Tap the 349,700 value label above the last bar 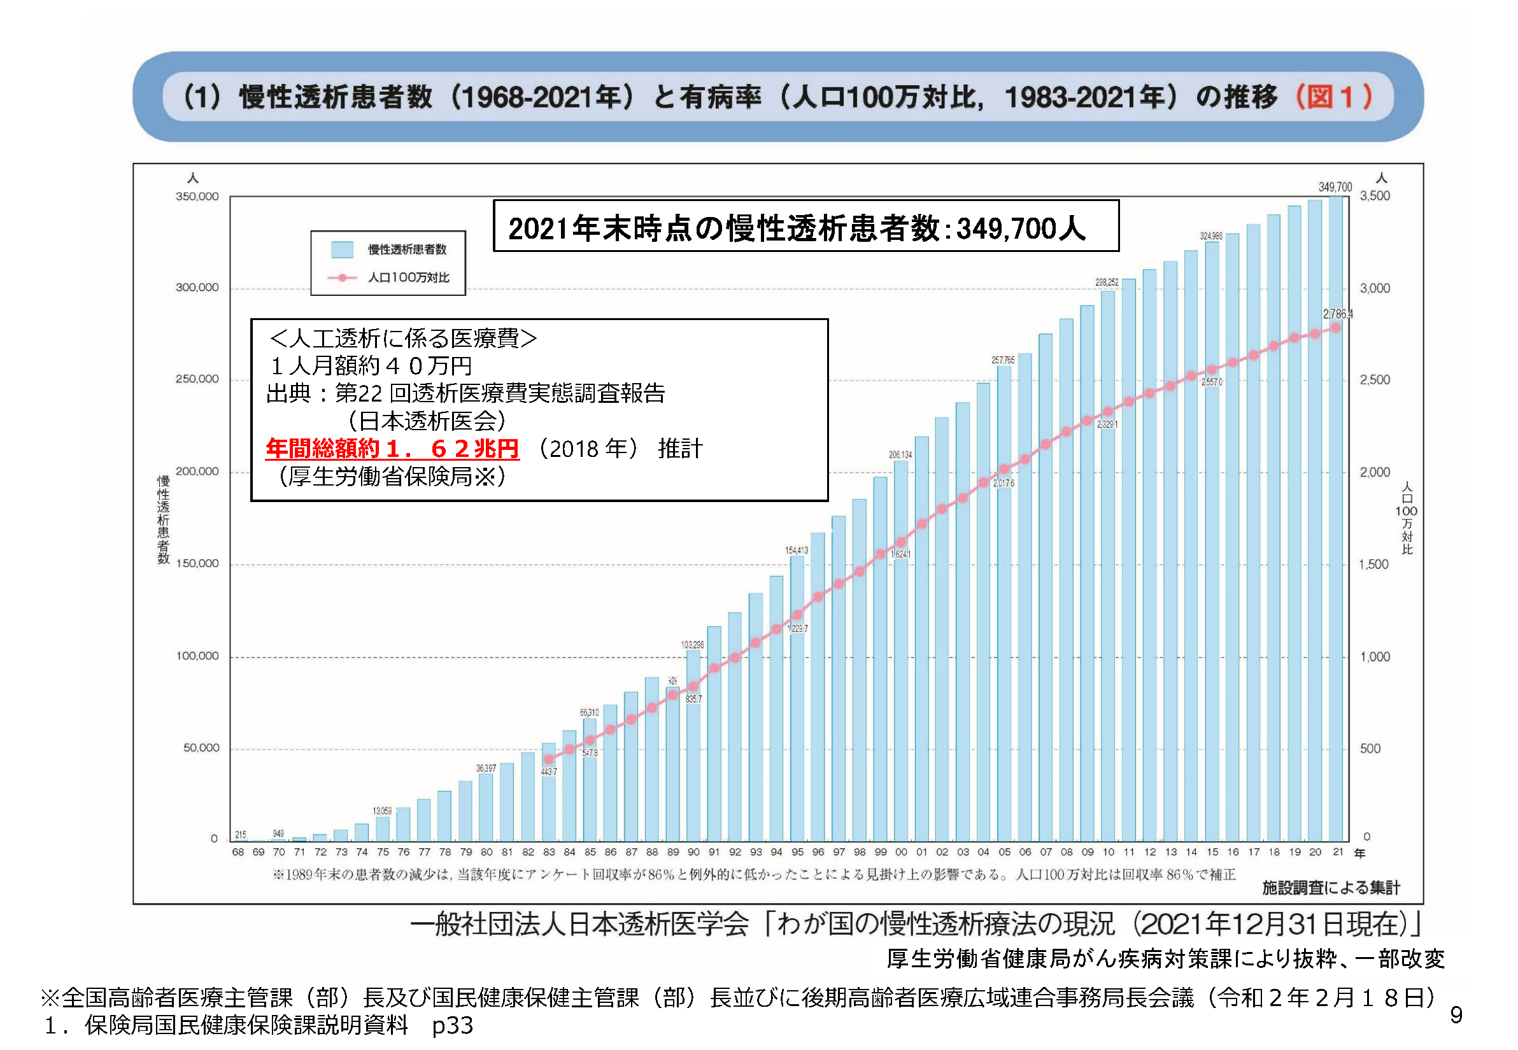[x=1335, y=187]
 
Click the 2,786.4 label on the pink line [x=1338, y=314]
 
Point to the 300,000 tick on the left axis [x=197, y=288]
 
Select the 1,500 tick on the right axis [x=1374, y=564]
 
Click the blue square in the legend [x=342, y=249]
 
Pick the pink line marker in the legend [x=343, y=277]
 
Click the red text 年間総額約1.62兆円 [x=392, y=449]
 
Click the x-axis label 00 [x=900, y=852]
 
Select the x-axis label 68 [x=238, y=852]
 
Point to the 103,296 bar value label [x=692, y=645]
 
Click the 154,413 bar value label [x=796, y=550]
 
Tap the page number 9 [x=1456, y=1015]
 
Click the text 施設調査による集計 [x=1330, y=888]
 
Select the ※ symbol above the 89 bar [x=672, y=680]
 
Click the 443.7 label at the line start [x=548, y=772]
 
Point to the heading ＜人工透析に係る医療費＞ [x=403, y=338]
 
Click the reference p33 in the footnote [x=452, y=1026]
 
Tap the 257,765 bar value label [x=1003, y=360]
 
